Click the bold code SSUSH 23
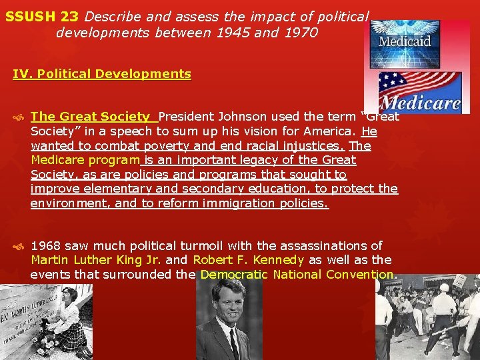coord(41,15)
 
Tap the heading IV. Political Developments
coord(102,74)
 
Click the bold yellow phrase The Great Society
coord(90,116)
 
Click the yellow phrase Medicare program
coord(84,160)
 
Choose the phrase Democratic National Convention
coord(297,275)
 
